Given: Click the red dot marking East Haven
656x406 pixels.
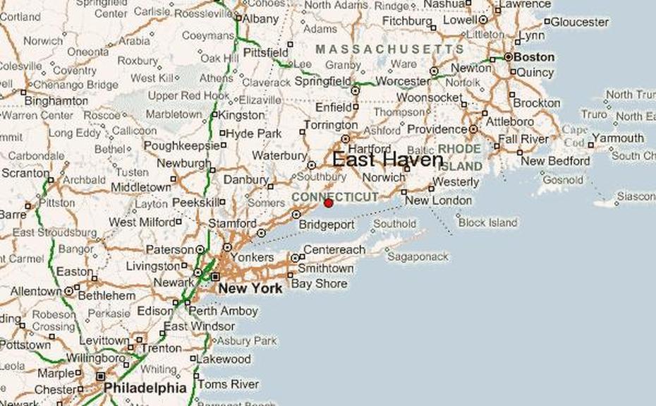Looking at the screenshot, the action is [x=328, y=203].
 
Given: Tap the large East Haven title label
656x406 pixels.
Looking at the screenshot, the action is [x=387, y=160].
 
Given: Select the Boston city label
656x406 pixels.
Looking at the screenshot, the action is [x=534, y=57].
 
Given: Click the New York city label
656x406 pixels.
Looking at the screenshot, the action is [x=250, y=288].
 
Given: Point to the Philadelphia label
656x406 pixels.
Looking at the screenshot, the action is [x=145, y=388].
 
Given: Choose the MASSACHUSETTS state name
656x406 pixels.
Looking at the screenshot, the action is [x=389, y=49].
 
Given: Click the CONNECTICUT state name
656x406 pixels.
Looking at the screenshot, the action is [x=334, y=197].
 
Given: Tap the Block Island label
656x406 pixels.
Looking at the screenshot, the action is [x=487, y=222].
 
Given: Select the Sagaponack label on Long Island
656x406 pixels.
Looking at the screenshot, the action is [x=417, y=256].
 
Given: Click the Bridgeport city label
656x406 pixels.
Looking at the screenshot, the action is [x=326, y=225].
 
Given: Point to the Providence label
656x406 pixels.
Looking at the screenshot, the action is [x=437, y=130].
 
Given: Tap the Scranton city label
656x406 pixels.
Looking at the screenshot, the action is [x=25, y=173].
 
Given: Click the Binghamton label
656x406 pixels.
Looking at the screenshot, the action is [x=56, y=100].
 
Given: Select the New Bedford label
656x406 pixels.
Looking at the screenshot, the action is [x=555, y=161].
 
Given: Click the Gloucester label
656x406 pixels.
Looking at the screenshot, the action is [x=579, y=22].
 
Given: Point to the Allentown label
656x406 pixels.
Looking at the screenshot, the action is [x=35, y=291].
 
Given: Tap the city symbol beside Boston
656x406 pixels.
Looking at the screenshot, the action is [x=508, y=56].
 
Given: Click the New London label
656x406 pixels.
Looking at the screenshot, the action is [x=438, y=201].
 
